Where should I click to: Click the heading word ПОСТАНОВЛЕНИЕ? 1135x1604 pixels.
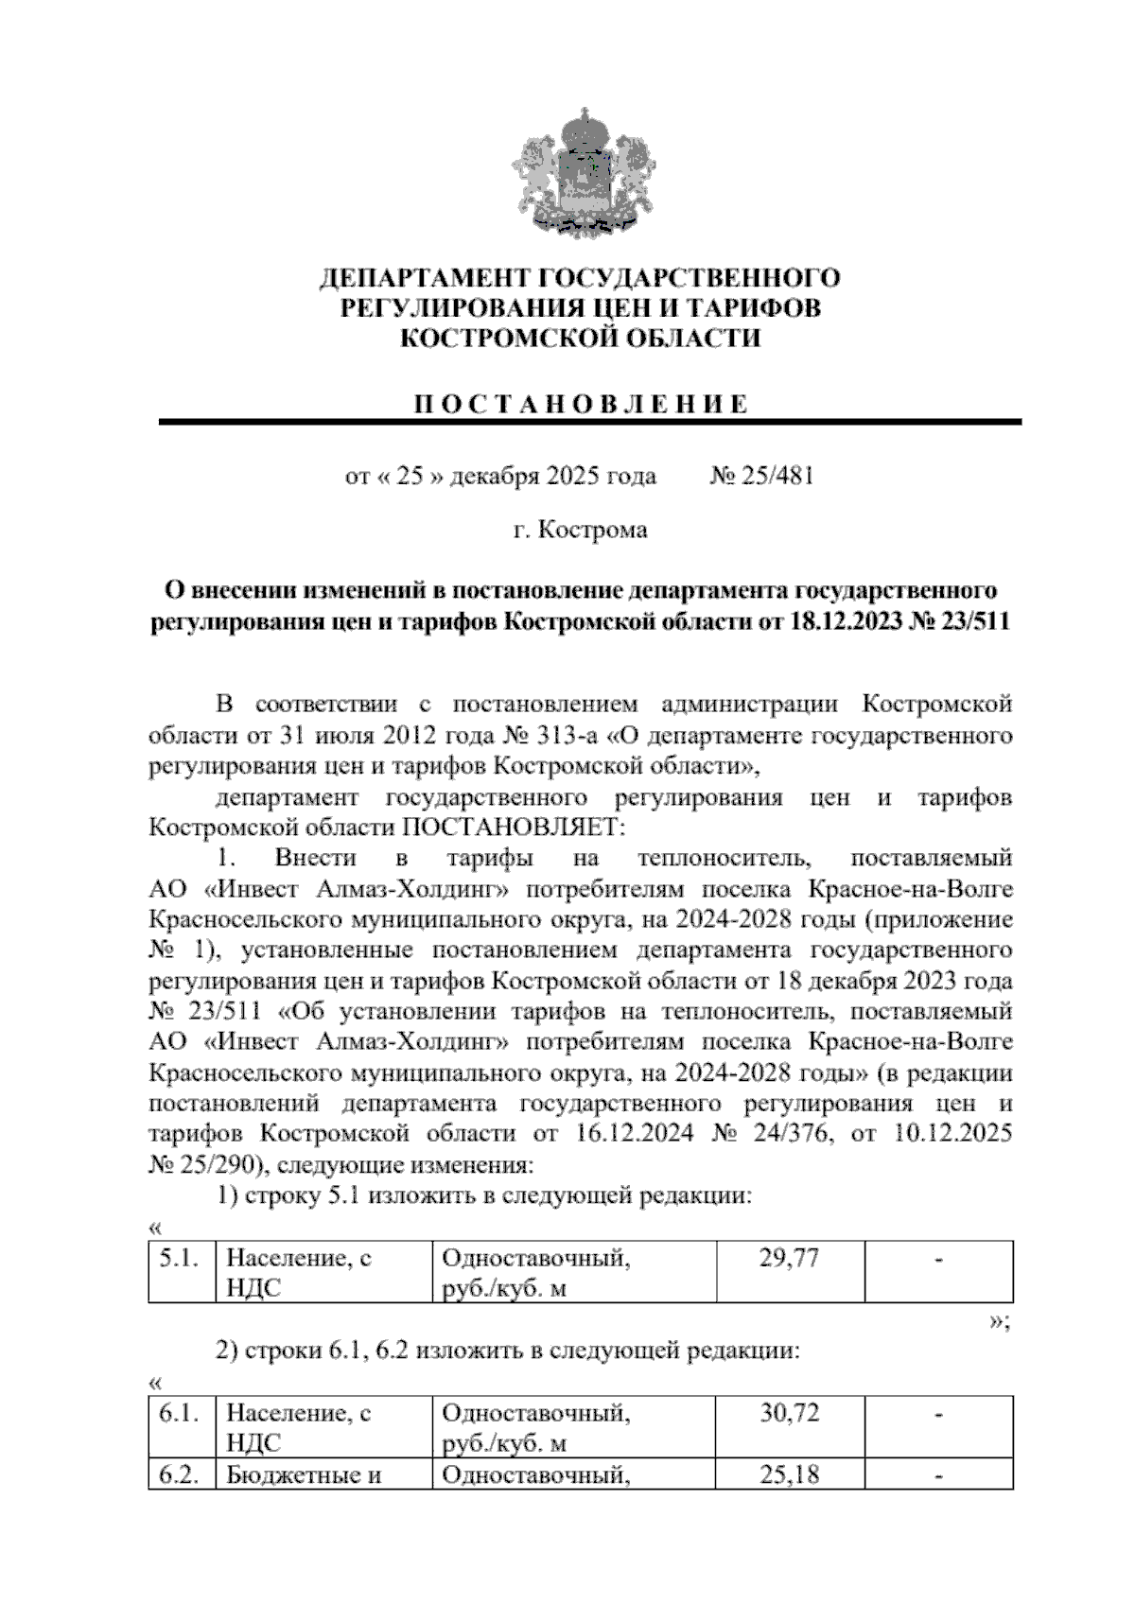[581, 405]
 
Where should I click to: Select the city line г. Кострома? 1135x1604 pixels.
[580, 531]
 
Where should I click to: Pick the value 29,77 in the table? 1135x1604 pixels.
[789, 1259]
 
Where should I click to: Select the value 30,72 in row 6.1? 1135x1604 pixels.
[789, 1414]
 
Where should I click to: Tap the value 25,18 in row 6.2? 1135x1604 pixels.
[789, 1474]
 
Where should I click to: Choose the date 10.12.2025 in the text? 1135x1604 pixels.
[952, 1133]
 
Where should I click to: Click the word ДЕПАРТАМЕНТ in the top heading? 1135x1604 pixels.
[426, 279]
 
